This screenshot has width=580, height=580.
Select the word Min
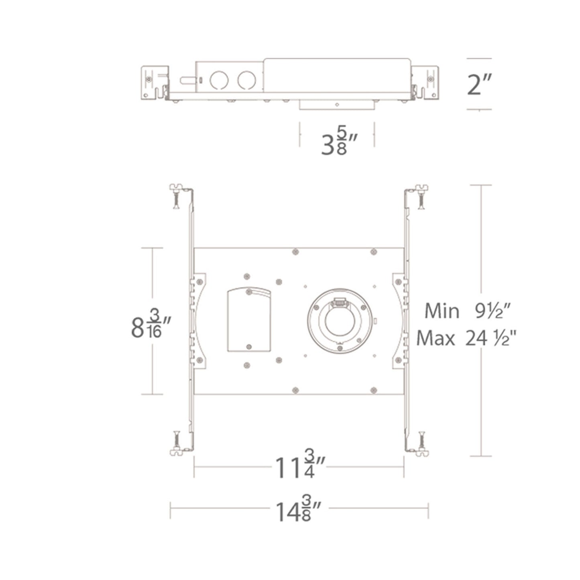click(442, 311)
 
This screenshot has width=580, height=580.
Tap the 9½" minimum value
click(493, 311)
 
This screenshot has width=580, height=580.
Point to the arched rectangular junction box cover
click(248, 319)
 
